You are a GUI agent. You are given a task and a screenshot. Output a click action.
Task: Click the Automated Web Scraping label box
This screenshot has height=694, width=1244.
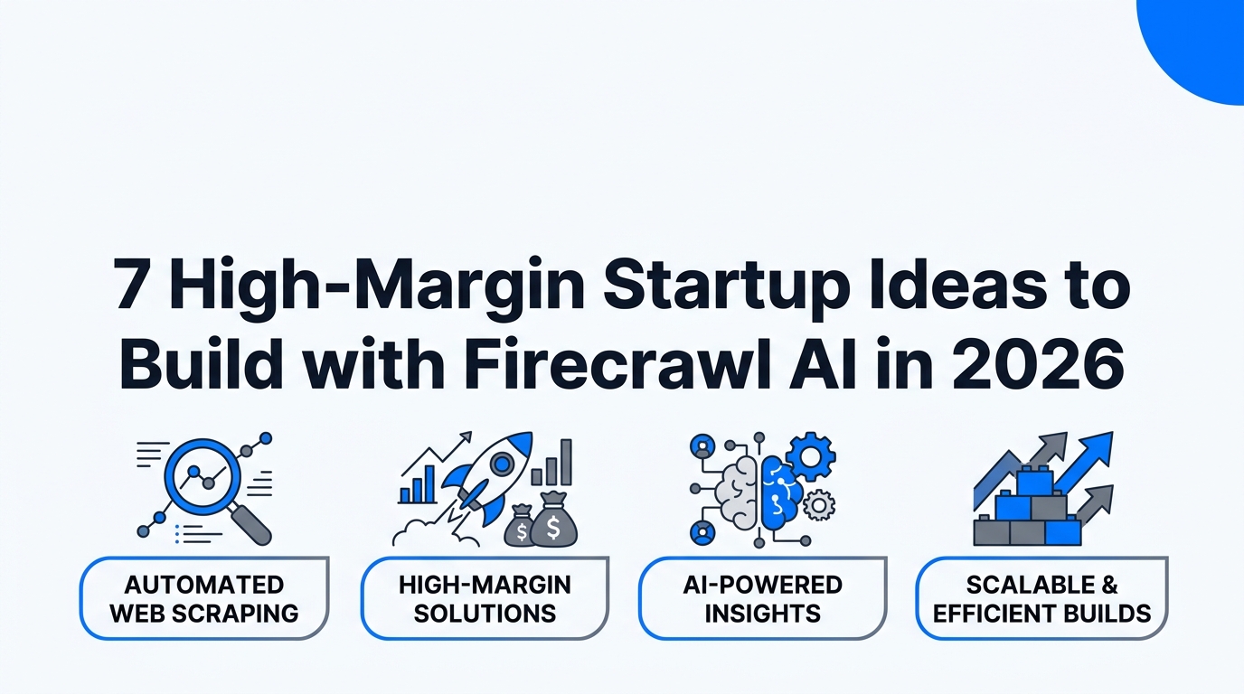pos(204,598)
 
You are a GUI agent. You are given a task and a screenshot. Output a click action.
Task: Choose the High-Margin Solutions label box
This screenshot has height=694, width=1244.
pos(485,598)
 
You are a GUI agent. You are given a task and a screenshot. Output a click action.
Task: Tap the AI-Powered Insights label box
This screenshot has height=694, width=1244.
pos(762,598)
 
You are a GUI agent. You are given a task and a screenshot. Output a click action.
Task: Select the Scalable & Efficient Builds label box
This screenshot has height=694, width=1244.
pos(1041,598)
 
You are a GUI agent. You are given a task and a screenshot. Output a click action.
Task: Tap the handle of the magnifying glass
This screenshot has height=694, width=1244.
pos(254,526)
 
